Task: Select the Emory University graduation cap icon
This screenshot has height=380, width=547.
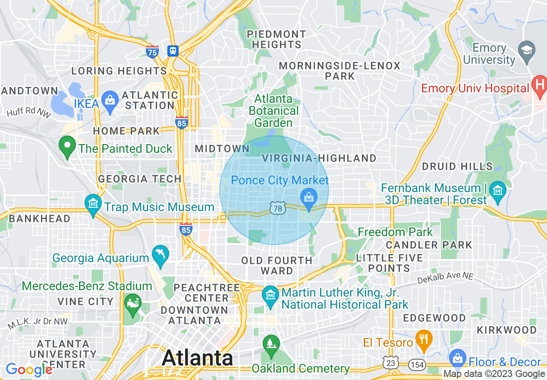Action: click(526, 49)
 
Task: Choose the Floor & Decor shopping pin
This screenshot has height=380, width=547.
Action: click(457, 358)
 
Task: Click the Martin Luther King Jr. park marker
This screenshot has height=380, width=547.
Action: click(271, 296)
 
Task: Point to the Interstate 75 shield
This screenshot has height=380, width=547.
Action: click(152, 51)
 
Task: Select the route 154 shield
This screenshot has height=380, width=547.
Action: click(417, 364)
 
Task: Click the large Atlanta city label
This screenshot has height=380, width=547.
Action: click(197, 358)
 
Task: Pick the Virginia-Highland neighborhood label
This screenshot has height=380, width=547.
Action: click(319, 158)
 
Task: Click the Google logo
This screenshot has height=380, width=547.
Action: click(28, 370)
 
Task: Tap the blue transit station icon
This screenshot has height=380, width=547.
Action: click(173, 51)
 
